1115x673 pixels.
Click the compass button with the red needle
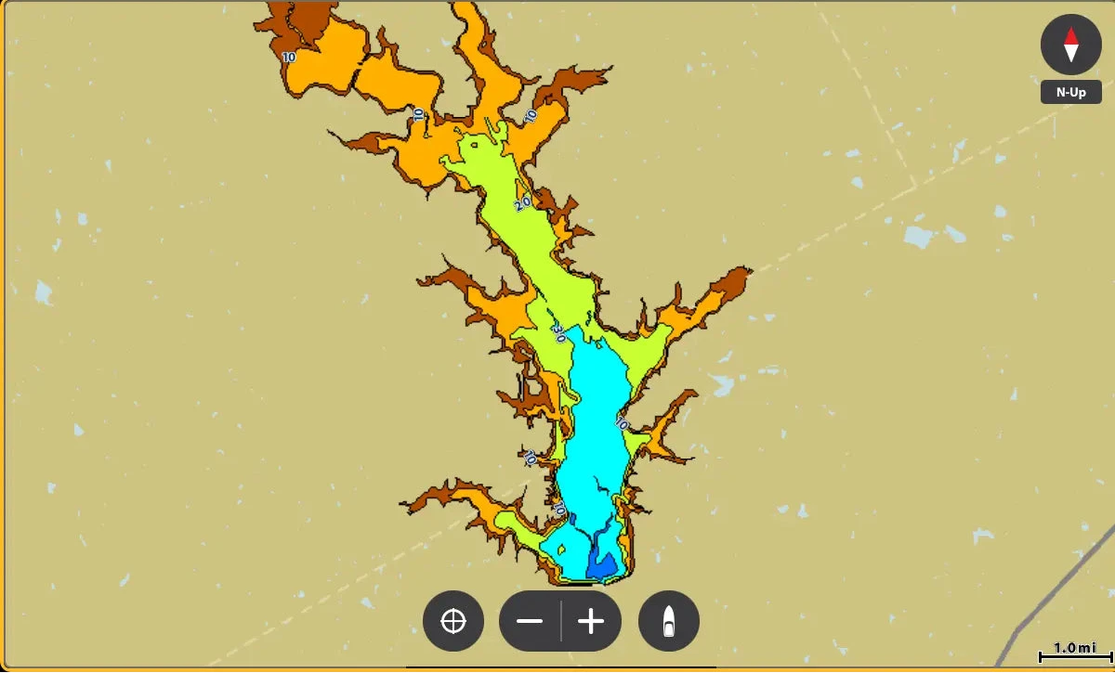point(1071,45)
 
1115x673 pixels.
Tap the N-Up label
point(1071,93)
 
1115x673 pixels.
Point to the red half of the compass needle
point(1071,36)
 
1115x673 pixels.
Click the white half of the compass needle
point(1071,53)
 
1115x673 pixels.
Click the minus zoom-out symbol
point(530,621)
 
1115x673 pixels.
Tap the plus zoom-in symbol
point(591,621)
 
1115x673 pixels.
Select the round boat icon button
point(668,621)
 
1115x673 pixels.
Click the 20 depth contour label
point(522,202)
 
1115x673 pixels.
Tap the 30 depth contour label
point(558,330)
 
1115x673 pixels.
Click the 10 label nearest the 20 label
point(531,117)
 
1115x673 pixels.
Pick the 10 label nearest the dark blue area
point(559,509)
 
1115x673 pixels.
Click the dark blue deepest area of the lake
point(601,564)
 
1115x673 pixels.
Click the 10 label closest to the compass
point(531,117)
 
